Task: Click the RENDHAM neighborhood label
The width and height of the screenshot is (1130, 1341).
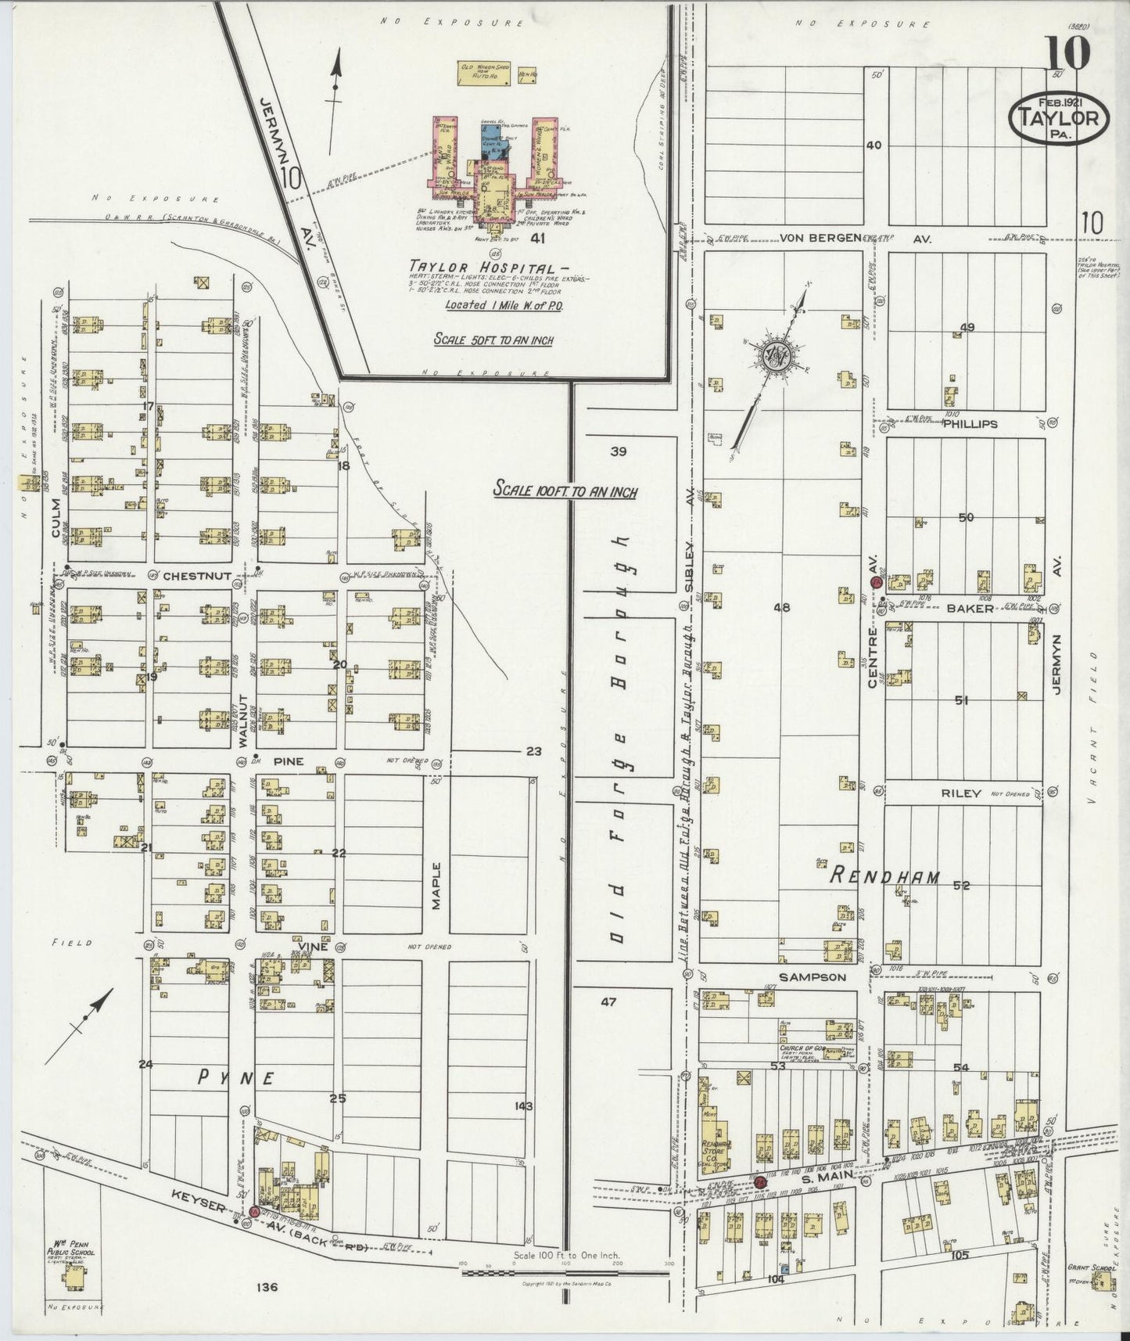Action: [884, 876]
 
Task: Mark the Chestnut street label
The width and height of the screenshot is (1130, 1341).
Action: [197, 576]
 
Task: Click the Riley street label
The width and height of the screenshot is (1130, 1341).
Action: [961, 793]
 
